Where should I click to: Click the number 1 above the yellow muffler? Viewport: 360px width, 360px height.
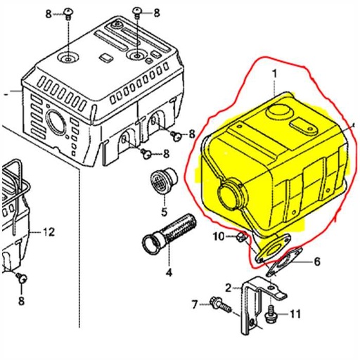tap(274, 73)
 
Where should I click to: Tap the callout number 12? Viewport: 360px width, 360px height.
tap(48, 231)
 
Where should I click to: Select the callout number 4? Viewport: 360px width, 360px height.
tap(169, 272)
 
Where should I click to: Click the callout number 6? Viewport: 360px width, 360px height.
tap(316, 262)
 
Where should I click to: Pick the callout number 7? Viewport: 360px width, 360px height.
tap(195, 304)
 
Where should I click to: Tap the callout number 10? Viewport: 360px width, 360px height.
tap(219, 236)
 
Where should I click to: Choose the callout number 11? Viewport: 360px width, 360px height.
tap(295, 313)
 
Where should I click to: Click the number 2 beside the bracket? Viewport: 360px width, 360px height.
tap(229, 287)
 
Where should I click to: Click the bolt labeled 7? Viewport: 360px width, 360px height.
tap(219, 305)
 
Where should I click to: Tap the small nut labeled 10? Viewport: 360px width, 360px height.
tap(241, 238)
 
